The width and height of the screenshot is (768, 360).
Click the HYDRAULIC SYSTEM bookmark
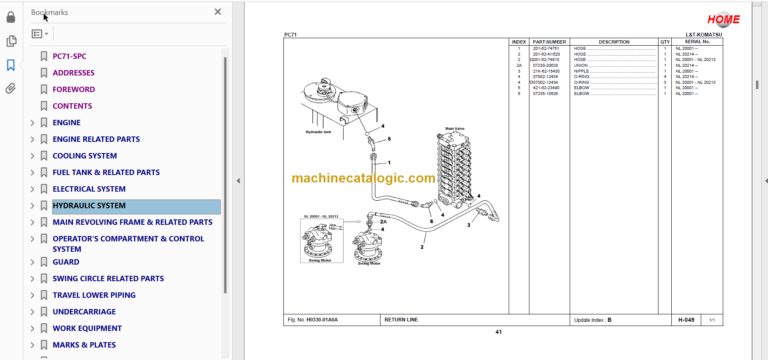click(x=89, y=206)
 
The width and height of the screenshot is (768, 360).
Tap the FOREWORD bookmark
click(x=74, y=89)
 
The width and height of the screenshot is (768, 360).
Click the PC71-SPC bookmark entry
click(x=69, y=56)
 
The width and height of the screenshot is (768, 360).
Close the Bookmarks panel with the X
click(x=218, y=12)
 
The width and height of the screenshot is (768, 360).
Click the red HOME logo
click(x=723, y=19)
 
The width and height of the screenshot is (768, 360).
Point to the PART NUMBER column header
click(x=549, y=42)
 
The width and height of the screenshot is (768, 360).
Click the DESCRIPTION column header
click(x=614, y=42)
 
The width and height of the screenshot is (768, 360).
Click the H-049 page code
click(x=686, y=319)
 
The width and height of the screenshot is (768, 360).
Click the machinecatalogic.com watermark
click(x=364, y=179)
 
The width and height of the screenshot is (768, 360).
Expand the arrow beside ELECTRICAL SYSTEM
click(x=32, y=189)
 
